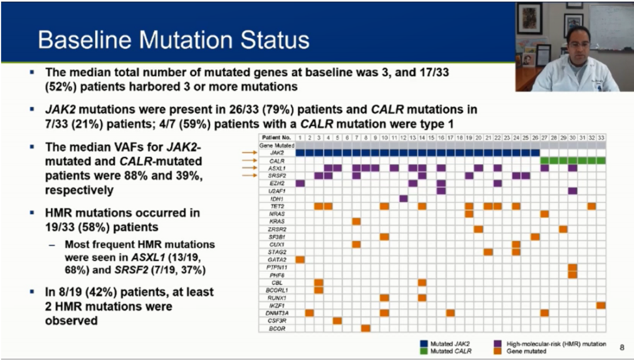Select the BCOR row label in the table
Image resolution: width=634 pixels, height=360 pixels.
pyautogui.click(x=276, y=328)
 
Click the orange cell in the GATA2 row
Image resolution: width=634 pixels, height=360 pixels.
pyautogui.click(x=300, y=260)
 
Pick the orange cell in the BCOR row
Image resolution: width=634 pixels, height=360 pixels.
pyautogui.click(x=366, y=328)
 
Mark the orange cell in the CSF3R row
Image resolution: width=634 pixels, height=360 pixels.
pyautogui.click(x=338, y=321)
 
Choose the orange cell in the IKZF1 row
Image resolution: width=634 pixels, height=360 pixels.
pyautogui.click(x=601, y=305)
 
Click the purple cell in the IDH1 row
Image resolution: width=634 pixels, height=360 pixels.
pyautogui.click(x=403, y=198)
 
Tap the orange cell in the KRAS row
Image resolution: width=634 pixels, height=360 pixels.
pyautogui.click(x=356, y=221)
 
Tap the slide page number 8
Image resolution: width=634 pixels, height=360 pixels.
pyautogui.click(x=622, y=347)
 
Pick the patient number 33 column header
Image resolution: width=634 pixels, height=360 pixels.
pyautogui.click(x=601, y=137)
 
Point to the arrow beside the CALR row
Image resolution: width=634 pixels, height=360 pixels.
pyautogui.click(x=249, y=160)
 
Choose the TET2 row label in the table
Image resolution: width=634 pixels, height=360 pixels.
pyautogui.click(x=276, y=206)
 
